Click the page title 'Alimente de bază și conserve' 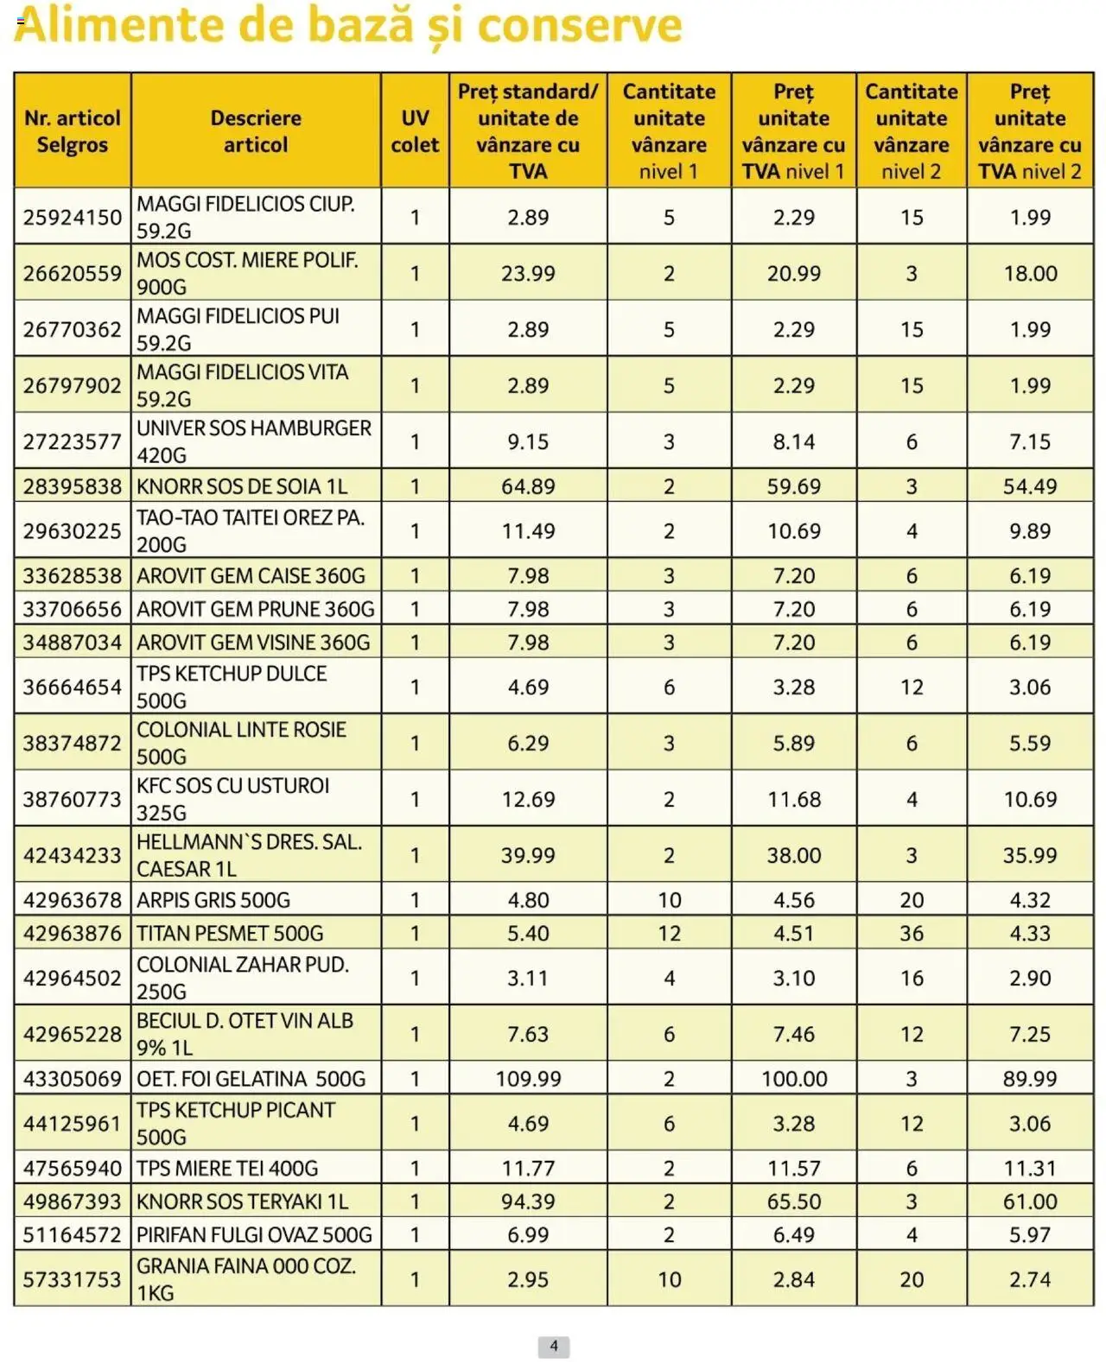[347, 26]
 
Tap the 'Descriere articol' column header [256, 131]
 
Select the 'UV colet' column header [415, 131]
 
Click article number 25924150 [73, 218]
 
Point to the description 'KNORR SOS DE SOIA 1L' [242, 487]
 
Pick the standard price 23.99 [528, 274]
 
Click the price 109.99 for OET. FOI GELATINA [528, 1079]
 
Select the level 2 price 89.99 [1030, 1079]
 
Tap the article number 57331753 [73, 1279]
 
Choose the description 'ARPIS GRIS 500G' [213, 900]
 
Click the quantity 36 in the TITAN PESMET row [912, 934]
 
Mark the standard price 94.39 [528, 1201]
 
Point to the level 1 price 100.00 [794, 1079]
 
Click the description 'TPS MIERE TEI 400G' [227, 1169]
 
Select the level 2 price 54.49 [1030, 487]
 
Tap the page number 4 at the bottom [554, 1346]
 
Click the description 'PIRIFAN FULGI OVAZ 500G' [254, 1235]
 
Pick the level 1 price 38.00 [794, 856]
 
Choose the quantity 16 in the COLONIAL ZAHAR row [912, 979]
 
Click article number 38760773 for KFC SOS [73, 800]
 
